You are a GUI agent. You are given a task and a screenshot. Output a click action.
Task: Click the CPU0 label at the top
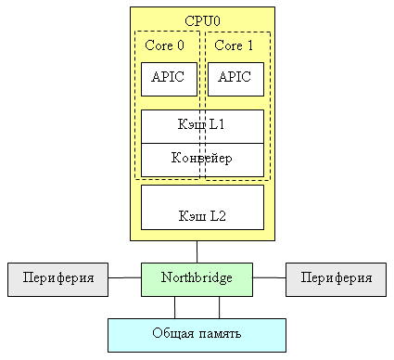coord(202,20)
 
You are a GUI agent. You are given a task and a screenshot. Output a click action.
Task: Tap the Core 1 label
coord(235,45)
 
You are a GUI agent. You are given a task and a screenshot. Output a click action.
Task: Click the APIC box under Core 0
coord(169,79)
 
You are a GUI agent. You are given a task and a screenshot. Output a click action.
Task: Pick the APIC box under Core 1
coord(235,79)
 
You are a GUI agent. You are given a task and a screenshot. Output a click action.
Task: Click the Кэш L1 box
coord(202,126)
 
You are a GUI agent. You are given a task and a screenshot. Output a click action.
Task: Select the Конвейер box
coord(202,159)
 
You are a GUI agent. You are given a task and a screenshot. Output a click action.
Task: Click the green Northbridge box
coord(197,278)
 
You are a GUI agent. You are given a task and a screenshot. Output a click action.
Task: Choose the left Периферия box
coord(57,278)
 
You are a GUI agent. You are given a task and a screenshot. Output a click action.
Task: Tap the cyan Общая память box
coord(197,334)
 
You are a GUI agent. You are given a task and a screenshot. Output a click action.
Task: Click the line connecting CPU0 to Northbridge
coord(197,251)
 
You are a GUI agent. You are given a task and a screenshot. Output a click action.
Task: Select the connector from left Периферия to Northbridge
coord(124,277)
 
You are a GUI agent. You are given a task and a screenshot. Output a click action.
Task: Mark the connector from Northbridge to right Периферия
coord(269,277)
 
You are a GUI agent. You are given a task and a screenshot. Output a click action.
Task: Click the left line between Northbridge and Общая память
coord(174,306)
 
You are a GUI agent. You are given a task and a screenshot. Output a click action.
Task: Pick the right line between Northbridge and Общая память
coord(220,306)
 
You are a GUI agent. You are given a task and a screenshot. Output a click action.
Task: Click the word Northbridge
coord(197,277)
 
